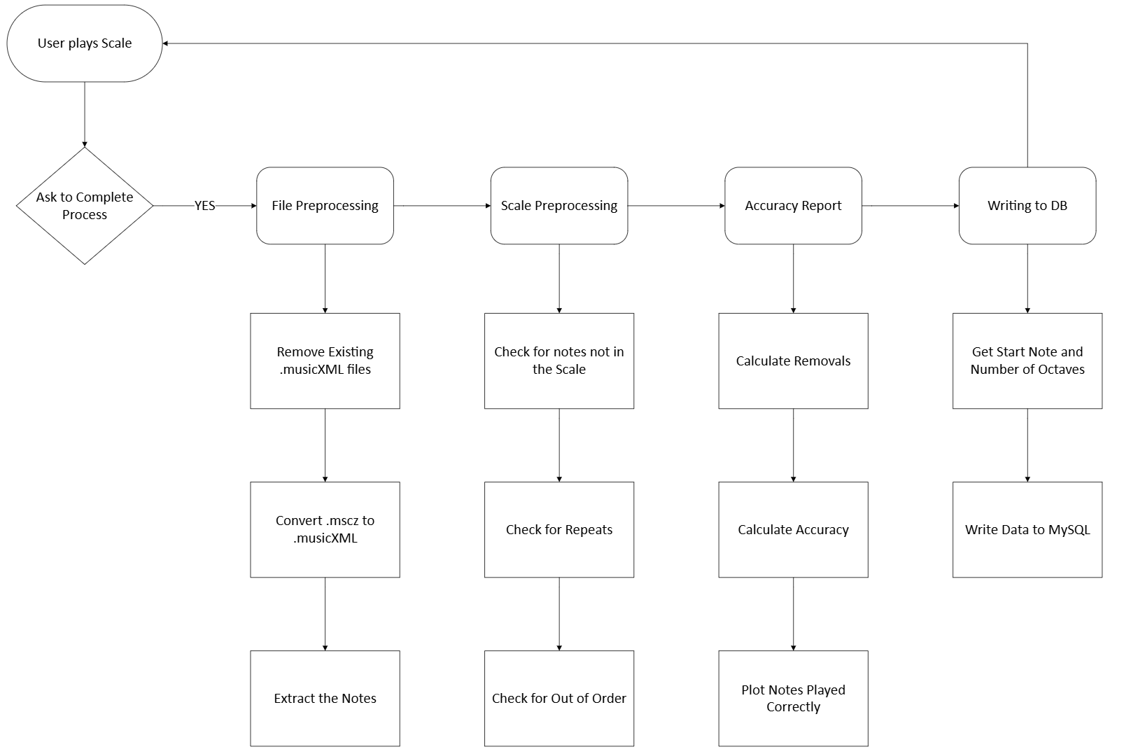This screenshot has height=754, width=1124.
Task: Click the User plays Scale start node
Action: pyautogui.click(x=85, y=43)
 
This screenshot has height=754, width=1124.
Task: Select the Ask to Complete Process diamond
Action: pyautogui.click(x=85, y=206)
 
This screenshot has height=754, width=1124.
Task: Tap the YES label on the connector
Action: pyautogui.click(x=204, y=206)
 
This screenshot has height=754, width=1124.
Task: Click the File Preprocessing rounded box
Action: pyautogui.click(x=325, y=206)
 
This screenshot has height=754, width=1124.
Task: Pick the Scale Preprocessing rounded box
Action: pyautogui.click(x=559, y=206)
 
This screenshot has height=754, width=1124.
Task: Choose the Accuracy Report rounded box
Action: pyautogui.click(x=793, y=206)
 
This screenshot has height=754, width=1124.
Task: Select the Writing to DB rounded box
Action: pyautogui.click(x=1027, y=206)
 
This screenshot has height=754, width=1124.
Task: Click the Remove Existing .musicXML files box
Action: pyautogui.click(x=325, y=361)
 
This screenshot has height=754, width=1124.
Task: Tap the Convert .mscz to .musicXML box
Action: pyautogui.click(x=325, y=529)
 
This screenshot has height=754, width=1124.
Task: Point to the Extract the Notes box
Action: pyautogui.click(x=325, y=698)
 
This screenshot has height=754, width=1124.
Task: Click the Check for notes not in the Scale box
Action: pyautogui.click(x=559, y=361)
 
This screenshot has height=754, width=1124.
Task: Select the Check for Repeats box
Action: pyautogui.click(x=559, y=529)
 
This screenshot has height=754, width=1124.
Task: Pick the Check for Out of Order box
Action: pyautogui.click(x=559, y=698)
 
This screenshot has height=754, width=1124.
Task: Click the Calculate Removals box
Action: pyautogui.click(x=793, y=361)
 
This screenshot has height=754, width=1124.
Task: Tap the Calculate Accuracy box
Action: pyautogui.click(x=793, y=529)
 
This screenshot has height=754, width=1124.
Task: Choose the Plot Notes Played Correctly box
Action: pyautogui.click(x=793, y=698)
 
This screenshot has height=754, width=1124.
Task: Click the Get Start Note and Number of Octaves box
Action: pyautogui.click(x=1027, y=361)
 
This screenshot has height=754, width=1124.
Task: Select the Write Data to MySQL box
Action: pyautogui.click(x=1027, y=529)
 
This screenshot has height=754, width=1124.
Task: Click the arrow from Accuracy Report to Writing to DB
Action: pyautogui.click(x=910, y=206)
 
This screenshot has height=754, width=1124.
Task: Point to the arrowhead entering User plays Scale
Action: pyautogui.click(x=167, y=43)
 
